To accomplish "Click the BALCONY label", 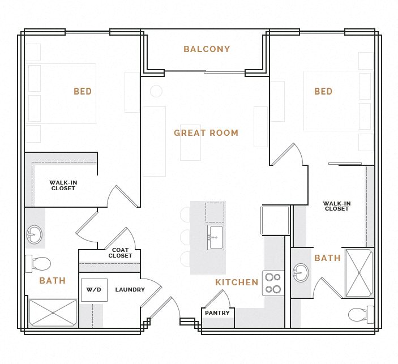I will point(207,49).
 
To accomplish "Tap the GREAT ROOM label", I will point(206,133).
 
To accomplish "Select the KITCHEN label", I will point(237,282).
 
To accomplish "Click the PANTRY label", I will point(217,313).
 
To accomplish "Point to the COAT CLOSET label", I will point(120,253).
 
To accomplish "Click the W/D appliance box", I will point(94,290).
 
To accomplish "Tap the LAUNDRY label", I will point(130,290).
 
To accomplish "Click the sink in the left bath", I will point(34,234).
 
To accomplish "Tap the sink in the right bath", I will point(301,273).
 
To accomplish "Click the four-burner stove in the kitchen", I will point(273,283).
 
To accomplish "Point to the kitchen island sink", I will point(215,237).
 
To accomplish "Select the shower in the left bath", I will point(53,312).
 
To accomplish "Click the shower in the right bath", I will point(359,272).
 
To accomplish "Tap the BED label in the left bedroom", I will point(83,92).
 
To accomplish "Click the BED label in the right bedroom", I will point(323,92).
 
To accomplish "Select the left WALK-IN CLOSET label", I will point(63,186).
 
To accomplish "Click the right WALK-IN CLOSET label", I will point(337,206).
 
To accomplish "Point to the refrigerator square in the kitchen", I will point(275,220).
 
